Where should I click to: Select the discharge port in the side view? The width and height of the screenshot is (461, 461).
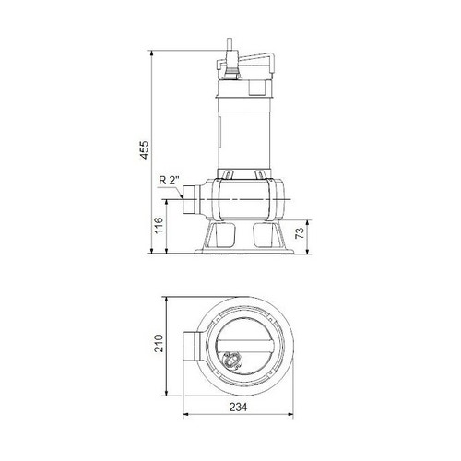(x=191, y=200)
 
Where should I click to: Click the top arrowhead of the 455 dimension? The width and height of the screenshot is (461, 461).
(x=152, y=53)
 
